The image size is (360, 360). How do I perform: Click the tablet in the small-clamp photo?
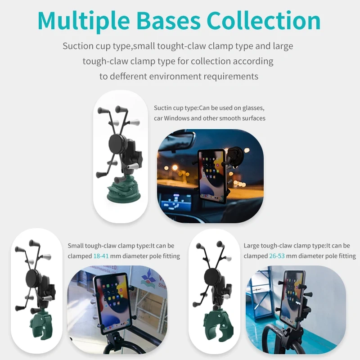pos(111,301)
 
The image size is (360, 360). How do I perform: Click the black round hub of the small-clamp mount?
pos(34,277)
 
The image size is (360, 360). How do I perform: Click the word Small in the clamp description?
pos(76,246)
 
